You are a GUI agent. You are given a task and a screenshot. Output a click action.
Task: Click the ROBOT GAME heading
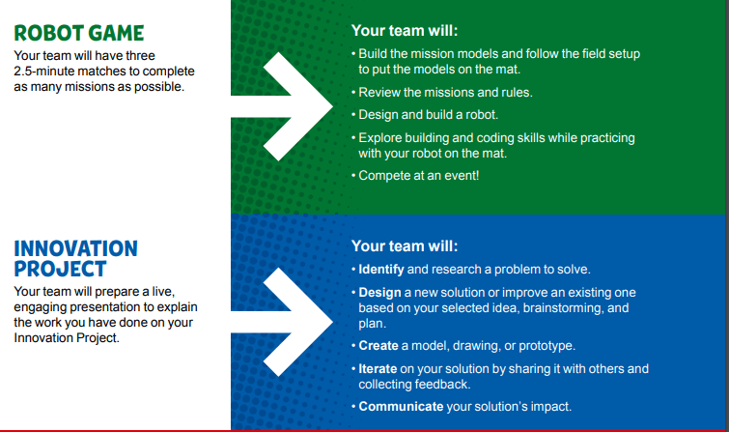79,34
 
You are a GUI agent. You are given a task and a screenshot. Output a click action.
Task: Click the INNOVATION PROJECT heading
75,257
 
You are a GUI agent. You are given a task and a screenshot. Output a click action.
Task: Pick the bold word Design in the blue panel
380,292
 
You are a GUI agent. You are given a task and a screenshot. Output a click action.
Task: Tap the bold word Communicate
401,406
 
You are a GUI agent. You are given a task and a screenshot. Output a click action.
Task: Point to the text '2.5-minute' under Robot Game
45,72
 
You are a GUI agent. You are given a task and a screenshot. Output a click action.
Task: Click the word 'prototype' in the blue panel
546,345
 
